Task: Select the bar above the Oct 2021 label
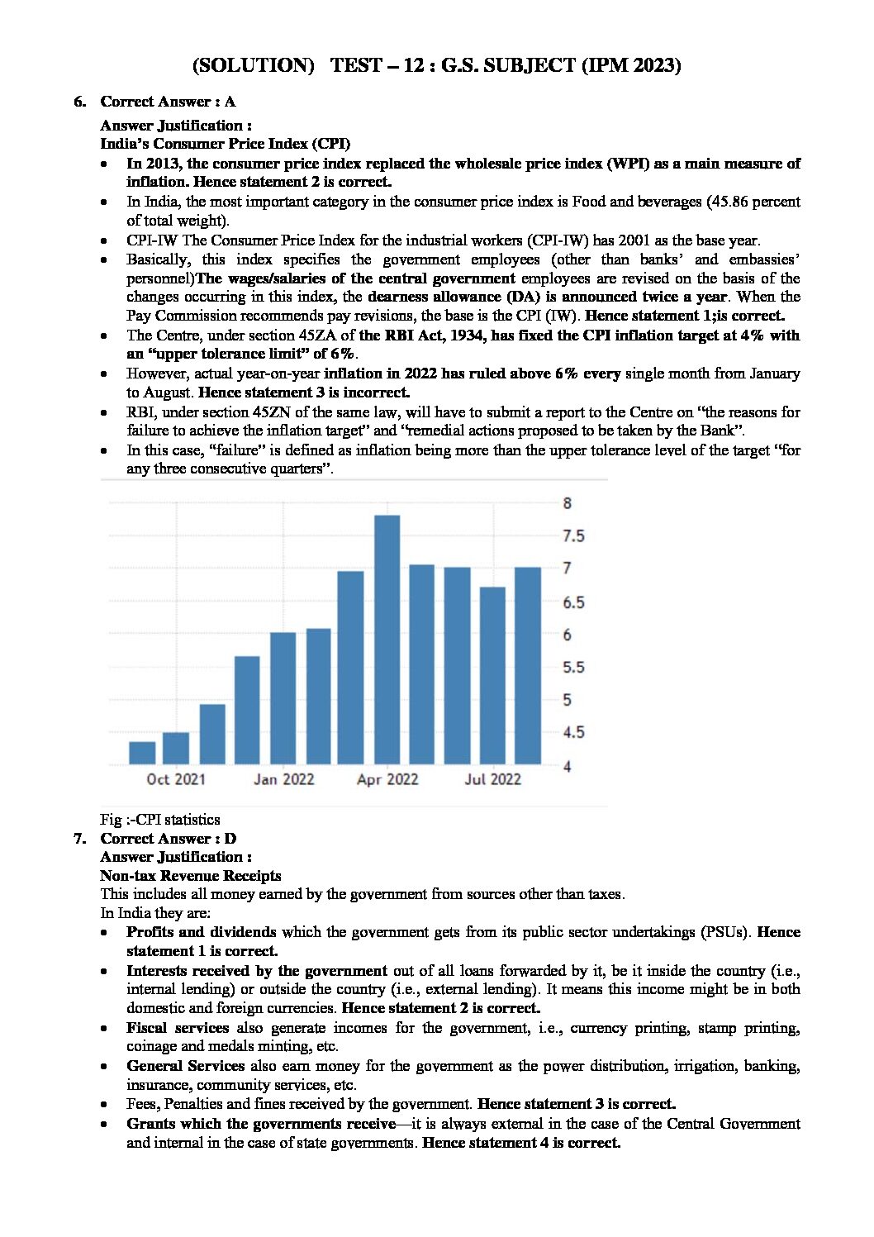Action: [x=175, y=748]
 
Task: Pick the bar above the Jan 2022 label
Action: [x=283, y=697]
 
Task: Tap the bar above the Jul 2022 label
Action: [x=492, y=675]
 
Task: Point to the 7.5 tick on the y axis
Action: [x=573, y=536]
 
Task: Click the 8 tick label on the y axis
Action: [x=568, y=503]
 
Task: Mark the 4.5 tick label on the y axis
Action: [x=573, y=732]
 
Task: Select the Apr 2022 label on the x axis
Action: [x=387, y=779]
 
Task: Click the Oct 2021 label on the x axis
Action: [x=175, y=779]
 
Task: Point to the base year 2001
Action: [x=642, y=240]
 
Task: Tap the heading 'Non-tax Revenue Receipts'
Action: [x=191, y=875]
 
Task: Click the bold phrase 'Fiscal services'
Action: [x=178, y=1028]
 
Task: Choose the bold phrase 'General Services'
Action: [x=185, y=1066]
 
